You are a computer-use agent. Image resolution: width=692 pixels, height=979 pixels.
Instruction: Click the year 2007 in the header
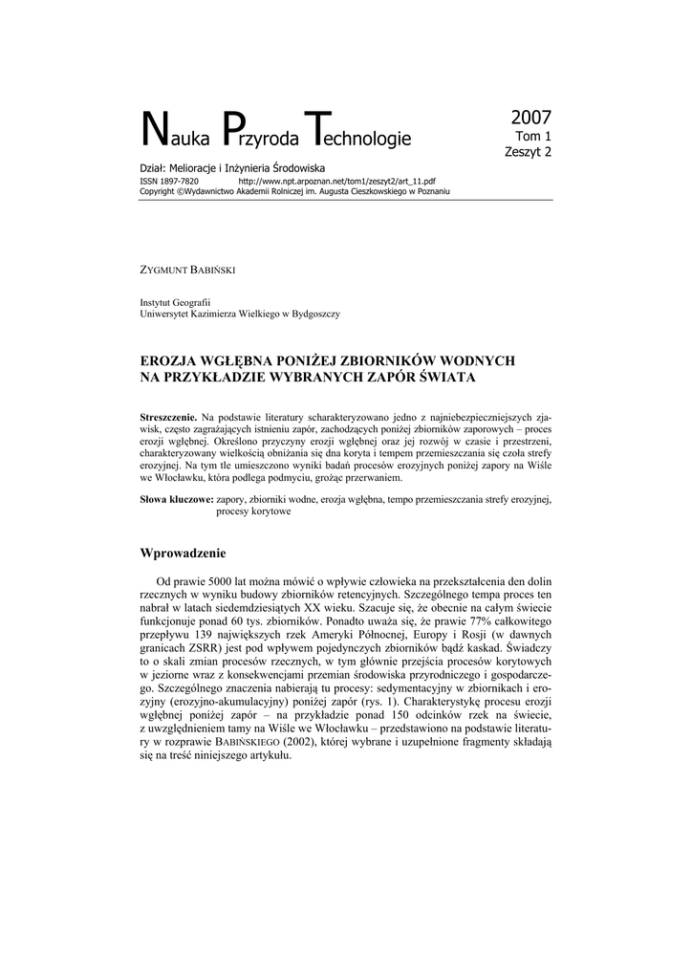coord(531,119)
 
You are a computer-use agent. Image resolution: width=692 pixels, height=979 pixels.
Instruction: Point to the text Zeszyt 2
coord(529,151)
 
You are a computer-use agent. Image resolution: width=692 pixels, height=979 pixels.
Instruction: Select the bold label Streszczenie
coord(168,418)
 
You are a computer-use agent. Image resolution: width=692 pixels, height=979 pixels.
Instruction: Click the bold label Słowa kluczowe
coord(176,499)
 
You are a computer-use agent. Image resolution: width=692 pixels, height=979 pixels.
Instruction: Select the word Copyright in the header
coord(158,190)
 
